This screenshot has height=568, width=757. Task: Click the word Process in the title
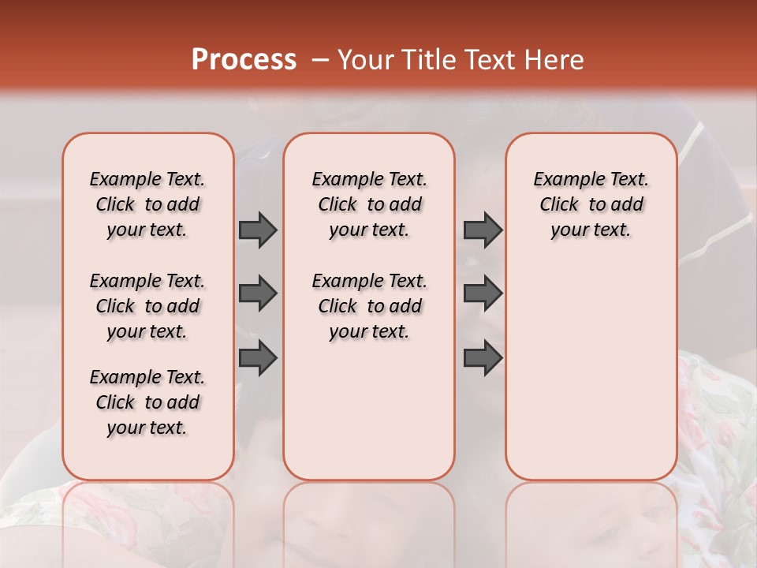pyautogui.click(x=244, y=60)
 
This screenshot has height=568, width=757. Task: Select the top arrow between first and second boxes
pyautogui.click(x=258, y=230)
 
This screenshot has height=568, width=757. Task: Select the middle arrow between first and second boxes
pyautogui.click(x=258, y=293)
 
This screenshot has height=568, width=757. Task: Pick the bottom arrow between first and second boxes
pyautogui.click(x=258, y=358)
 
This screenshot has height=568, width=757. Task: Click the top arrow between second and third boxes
pyautogui.click(x=483, y=230)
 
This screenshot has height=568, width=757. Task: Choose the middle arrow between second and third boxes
pyautogui.click(x=483, y=293)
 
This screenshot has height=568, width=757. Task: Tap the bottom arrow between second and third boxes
pyautogui.click(x=483, y=358)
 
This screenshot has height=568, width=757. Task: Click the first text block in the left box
pyautogui.click(x=147, y=204)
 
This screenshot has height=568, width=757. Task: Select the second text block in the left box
pyautogui.click(x=147, y=306)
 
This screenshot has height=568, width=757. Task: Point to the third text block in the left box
pyautogui.click(x=147, y=402)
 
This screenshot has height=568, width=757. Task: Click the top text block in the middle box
pyautogui.click(x=369, y=204)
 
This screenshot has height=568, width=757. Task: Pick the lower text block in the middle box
pyautogui.click(x=369, y=306)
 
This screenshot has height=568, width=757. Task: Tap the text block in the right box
pyautogui.click(x=591, y=204)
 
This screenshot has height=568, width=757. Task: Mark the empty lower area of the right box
pyautogui.click(x=591, y=371)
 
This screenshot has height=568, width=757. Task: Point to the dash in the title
pyautogui.click(x=320, y=60)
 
